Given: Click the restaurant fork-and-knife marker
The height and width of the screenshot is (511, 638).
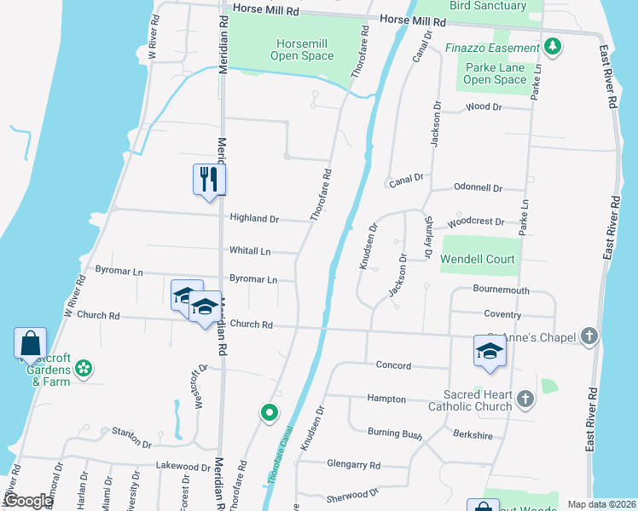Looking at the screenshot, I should coord(209,179).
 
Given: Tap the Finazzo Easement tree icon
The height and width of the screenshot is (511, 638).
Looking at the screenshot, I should coord(554,45).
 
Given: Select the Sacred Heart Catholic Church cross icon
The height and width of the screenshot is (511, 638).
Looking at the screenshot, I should coord(526,398).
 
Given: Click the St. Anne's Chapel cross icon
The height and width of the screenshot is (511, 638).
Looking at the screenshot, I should coord(589,336).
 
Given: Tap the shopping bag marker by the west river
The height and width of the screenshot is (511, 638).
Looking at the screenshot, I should coord(30,344).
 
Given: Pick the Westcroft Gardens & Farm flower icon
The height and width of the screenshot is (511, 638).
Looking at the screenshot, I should coord(84,369).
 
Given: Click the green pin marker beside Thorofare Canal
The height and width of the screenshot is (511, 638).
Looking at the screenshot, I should coord(270,414).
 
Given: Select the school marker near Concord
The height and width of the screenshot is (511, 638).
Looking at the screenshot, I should coord(490,351).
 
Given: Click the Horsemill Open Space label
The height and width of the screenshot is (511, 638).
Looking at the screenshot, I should coord(302,49).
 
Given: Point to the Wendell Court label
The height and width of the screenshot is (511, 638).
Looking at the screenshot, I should coord(478,258).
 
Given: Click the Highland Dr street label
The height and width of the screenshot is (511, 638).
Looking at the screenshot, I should coord(254,219).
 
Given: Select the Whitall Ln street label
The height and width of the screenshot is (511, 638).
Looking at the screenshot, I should coord(250,251).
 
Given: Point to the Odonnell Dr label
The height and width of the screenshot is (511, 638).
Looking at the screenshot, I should coord(478,187).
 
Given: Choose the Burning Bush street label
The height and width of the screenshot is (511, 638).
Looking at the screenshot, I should coord(395,434).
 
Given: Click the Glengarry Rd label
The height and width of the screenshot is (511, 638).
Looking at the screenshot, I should coord(353,465).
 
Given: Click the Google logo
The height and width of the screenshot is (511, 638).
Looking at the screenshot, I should coord(28,501).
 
